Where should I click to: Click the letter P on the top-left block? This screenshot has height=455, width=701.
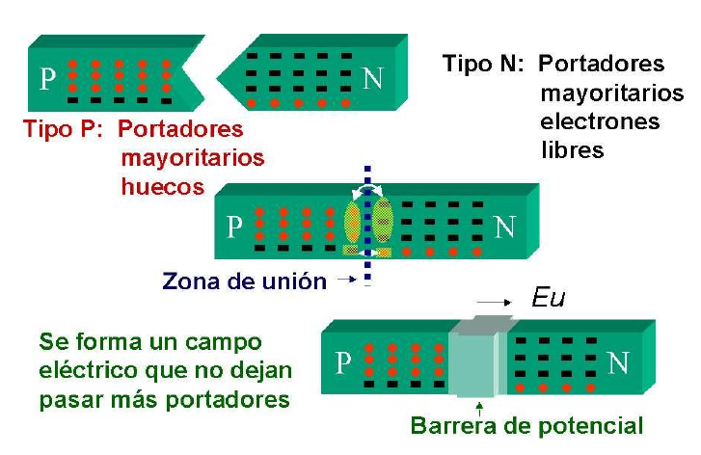tap(46, 77)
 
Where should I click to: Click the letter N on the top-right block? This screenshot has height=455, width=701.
tap(373, 78)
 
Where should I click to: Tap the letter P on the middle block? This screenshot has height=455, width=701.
tap(234, 227)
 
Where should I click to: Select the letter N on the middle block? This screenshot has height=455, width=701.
tap(504, 227)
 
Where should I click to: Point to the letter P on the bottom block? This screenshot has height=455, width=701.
tap(342, 363)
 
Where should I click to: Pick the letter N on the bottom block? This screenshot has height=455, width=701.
tap(619, 362)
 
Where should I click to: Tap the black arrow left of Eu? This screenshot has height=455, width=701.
tap(496, 302)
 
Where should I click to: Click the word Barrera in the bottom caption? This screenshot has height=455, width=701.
tap(451, 425)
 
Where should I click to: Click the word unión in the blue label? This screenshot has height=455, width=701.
tap(293, 281)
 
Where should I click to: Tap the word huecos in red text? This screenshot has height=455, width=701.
tap(163, 185)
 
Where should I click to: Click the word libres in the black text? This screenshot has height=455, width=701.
tap(572, 150)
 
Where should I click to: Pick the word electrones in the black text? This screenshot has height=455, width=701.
tap(600, 122)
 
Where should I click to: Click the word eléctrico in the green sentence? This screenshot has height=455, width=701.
tap(86, 370)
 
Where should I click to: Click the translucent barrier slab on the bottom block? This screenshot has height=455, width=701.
tap(476, 361)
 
